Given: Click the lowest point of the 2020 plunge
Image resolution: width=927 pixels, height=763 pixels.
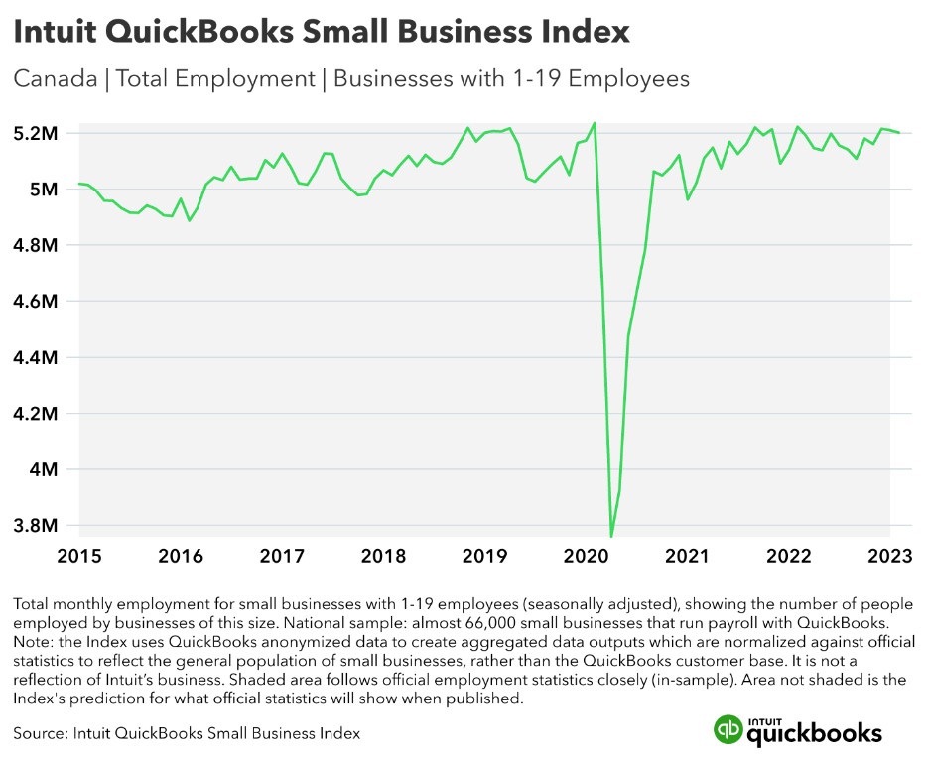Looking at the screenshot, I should coord(611,537).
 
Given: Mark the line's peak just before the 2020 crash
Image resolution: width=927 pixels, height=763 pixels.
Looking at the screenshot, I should coord(594,123).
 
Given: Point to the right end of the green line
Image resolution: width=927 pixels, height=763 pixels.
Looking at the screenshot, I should coord(899,132).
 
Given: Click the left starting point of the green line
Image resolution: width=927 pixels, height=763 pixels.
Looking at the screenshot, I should coord(77,184).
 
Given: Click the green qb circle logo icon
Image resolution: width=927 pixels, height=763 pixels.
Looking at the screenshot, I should coord(728,729).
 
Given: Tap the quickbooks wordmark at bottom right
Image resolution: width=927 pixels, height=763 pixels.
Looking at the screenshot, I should coord(814,733).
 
